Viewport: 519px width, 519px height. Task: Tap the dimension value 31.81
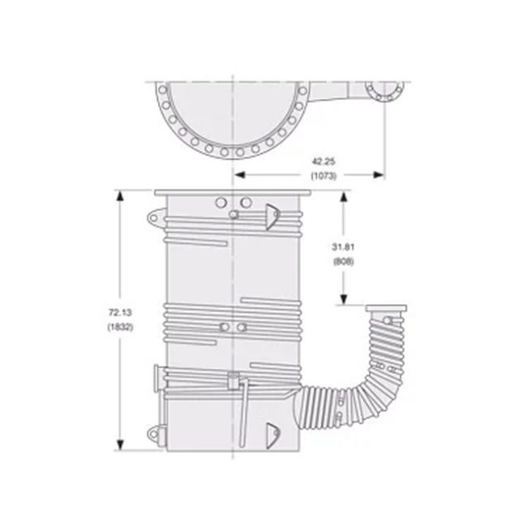pyautogui.click(x=341, y=247)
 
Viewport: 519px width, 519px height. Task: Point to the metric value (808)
pyautogui.click(x=341, y=261)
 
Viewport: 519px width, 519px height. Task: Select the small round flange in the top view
pyautogui.click(x=382, y=91)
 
